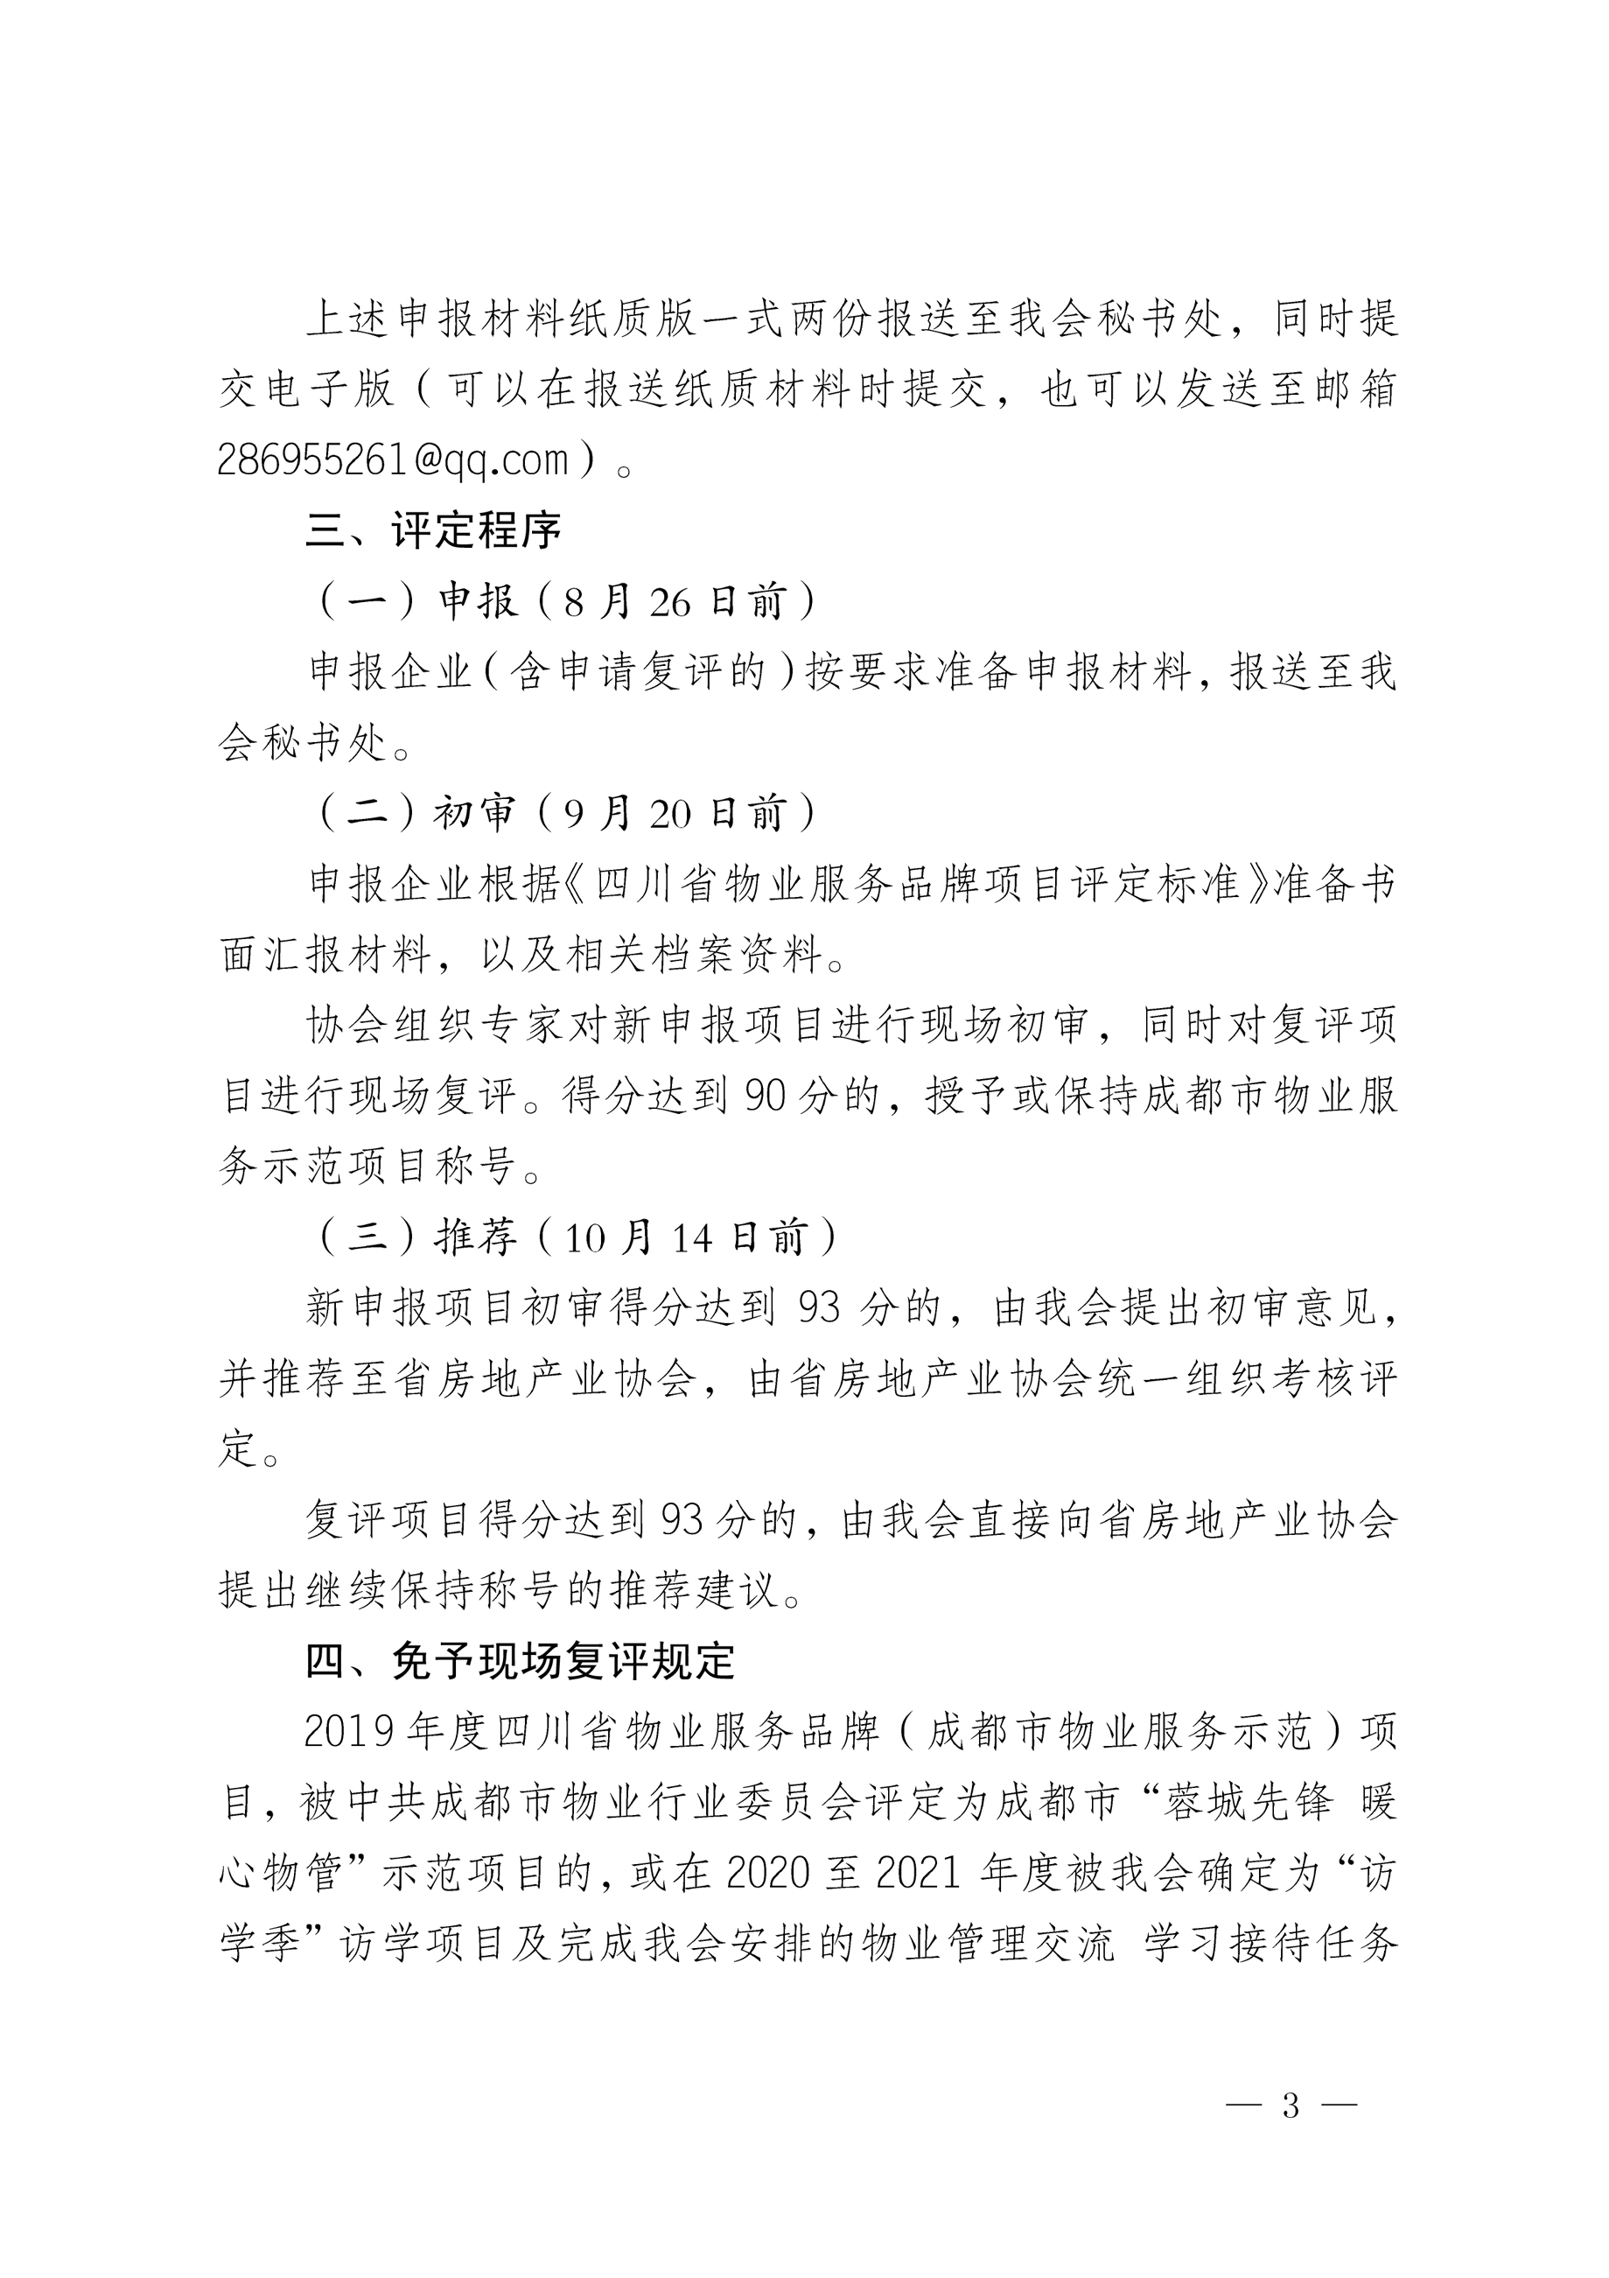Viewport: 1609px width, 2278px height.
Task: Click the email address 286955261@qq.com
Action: tap(393, 459)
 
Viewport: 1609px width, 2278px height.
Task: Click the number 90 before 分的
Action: tap(765, 1096)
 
